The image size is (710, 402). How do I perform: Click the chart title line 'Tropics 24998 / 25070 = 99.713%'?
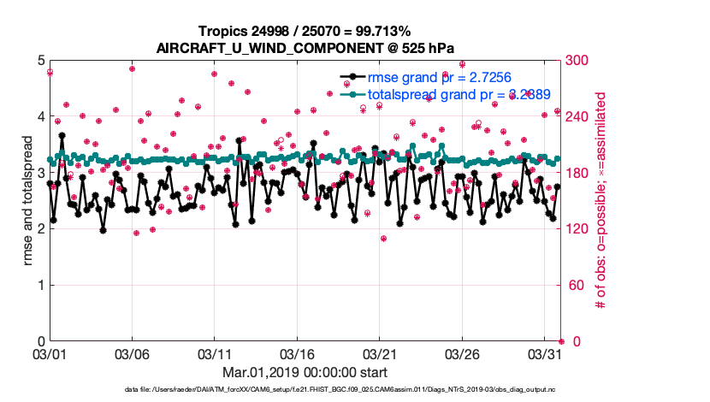pos(305,32)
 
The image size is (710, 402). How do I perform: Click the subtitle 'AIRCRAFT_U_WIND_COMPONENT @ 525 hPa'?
pos(305,48)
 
